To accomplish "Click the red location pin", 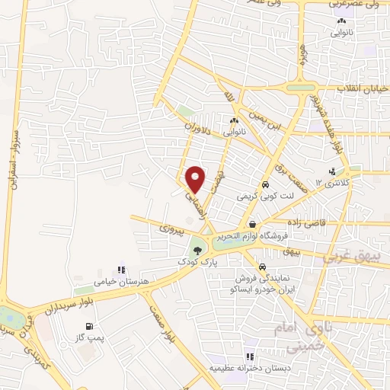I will coord(196,178).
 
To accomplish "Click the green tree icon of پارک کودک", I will coord(197,248).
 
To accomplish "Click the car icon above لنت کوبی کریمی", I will coord(265,184).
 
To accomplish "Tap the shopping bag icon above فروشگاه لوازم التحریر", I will coord(252,224).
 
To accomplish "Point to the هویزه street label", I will coord(302,55).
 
